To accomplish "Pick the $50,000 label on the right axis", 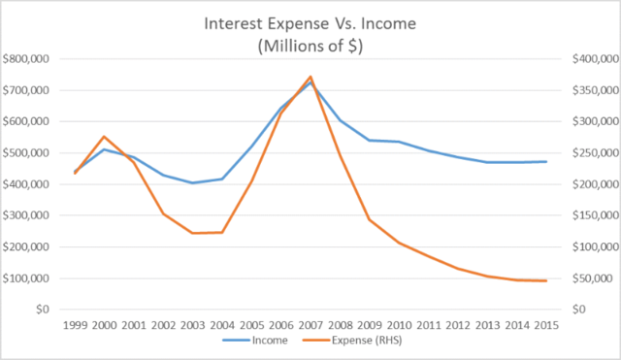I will [x=582, y=278].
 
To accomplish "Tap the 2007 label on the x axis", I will [x=310, y=324].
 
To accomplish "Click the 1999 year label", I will [x=76, y=324].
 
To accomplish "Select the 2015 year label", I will [x=544, y=324].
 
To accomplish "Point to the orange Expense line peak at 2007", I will [x=310, y=77].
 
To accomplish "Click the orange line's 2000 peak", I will [x=105, y=137].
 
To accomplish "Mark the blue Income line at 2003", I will [x=192, y=182].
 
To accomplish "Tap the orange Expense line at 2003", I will [x=192, y=233].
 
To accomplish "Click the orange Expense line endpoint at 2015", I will [x=544, y=280].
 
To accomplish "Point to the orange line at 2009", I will [x=369, y=219].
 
